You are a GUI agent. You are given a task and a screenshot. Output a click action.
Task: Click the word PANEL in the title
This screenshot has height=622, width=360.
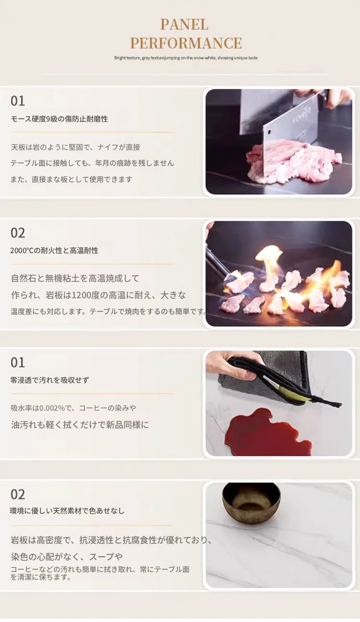pos(184,24)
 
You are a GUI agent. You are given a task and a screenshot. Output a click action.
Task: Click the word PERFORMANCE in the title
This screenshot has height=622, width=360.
pos(186,43)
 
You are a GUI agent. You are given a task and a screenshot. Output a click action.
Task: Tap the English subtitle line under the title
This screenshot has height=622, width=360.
pos(186,58)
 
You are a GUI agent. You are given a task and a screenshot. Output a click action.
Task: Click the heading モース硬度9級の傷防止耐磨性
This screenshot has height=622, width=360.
pos(59,119)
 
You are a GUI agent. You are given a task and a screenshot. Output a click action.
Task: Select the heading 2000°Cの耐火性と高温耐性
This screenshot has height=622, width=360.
pos(54,250)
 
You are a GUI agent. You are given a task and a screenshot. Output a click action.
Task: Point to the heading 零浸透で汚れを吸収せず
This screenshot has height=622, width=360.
pos(50,380)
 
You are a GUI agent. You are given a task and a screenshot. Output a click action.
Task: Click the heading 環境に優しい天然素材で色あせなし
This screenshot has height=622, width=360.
pos(67,511)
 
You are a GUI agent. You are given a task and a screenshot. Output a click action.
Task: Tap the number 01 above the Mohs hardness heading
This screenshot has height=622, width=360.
pos(18,101)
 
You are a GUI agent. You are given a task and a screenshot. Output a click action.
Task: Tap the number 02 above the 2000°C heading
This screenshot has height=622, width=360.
pos(18,232)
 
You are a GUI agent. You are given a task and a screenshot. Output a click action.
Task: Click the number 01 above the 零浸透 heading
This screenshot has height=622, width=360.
pos(18,362)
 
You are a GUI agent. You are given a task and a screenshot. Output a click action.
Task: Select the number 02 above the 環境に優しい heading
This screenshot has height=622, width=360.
pos(18,494)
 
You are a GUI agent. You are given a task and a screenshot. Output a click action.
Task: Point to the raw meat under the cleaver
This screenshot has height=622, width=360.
pos(291,164)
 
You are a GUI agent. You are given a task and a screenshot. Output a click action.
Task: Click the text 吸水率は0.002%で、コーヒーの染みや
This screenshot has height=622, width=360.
pos(73,408)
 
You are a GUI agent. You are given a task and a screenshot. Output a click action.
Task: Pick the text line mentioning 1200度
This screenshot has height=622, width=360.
pos(98,295)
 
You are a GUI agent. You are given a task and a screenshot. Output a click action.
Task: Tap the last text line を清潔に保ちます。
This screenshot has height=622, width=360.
pos(40,577)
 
